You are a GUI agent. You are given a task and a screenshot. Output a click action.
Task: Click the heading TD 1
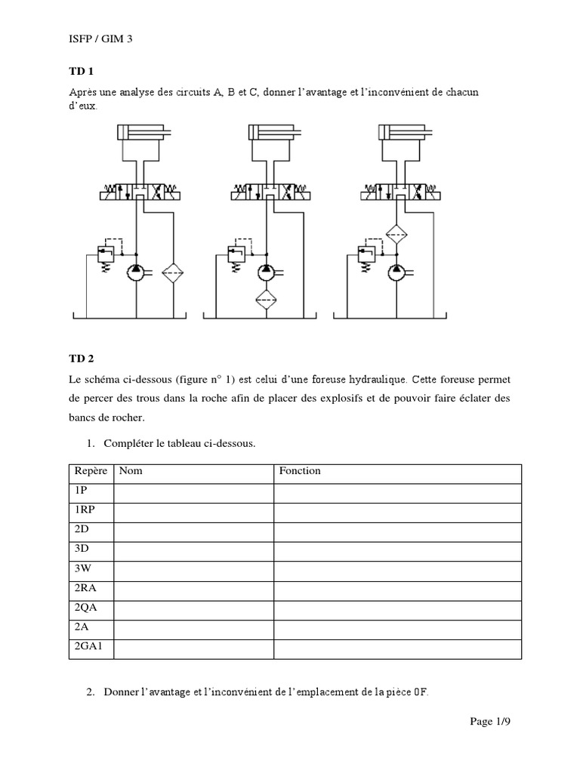tap(80, 72)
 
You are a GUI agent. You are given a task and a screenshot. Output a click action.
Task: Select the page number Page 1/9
tap(491, 722)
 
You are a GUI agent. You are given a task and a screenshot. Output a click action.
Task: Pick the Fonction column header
tap(300, 471)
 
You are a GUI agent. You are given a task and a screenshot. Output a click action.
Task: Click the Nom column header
tap(131, 471)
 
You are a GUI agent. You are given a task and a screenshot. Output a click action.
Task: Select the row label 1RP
tap(85, 510)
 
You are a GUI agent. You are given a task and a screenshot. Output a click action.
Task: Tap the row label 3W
tap(82, 568)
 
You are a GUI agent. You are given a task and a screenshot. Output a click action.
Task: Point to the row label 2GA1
tap(88, 646)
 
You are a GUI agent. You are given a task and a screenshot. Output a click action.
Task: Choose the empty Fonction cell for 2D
tap(396, 530)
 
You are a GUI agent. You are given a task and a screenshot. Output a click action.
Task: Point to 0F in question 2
tap(419, 691)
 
